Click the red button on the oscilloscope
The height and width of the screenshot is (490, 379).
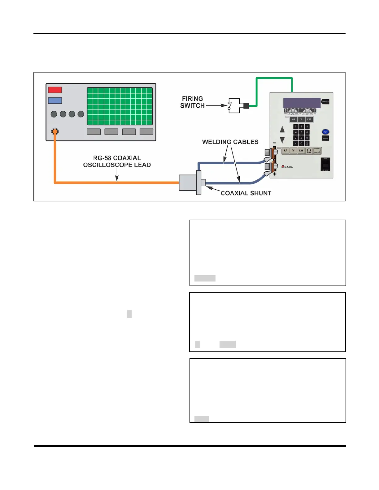click(55, 90)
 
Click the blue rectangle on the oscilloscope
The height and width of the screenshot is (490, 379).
click(55, 101)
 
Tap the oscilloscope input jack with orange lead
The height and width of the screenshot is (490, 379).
click(55, 131)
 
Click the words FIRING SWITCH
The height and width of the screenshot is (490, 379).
click(192, 102)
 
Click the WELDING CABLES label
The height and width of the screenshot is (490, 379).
click(230, 142)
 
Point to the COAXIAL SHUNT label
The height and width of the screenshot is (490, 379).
click(246, 193)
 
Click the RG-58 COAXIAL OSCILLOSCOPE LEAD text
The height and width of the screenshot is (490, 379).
click(117, 161)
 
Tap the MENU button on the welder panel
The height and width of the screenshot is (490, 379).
click(325, 138)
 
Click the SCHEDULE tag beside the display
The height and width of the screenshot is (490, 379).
click(325, 101)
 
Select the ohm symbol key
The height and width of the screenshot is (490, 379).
click(309, 151)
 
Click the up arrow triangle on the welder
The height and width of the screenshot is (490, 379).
click(282, 129)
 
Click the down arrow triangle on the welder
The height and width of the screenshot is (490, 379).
click(282, 140)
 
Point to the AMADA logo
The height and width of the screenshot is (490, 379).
click(287, 167)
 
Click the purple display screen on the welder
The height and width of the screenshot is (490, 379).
click(302, 103)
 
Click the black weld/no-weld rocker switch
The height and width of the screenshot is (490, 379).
click(325, 164)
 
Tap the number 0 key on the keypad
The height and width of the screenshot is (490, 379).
click(301, 144)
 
